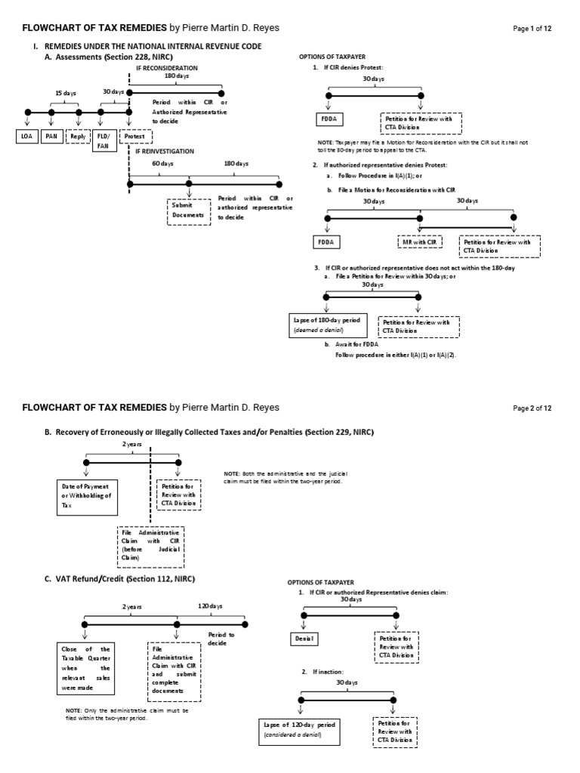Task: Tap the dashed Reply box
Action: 77,137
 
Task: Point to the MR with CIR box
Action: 419,242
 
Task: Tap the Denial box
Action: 304,638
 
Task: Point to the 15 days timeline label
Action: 66,94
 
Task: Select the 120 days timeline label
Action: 211,606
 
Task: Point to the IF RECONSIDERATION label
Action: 165,67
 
